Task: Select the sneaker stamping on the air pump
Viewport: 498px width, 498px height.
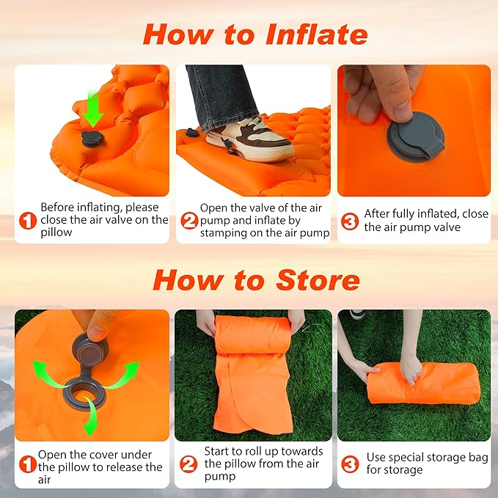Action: (249, 139)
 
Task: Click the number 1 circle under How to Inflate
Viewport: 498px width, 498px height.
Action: (27, 220)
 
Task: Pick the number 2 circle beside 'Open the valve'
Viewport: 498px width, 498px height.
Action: (189, 220)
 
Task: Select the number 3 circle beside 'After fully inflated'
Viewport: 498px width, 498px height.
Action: (351, 220)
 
